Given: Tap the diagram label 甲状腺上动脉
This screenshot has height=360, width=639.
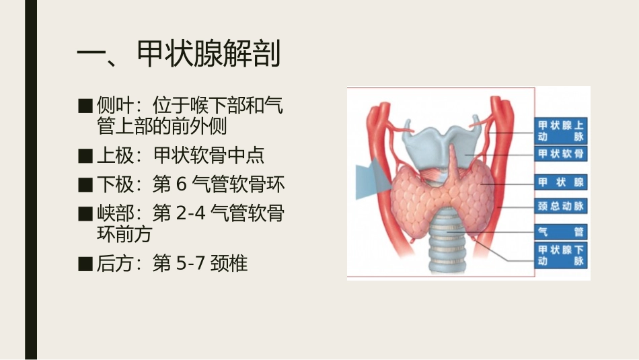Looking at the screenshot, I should coord(560,130).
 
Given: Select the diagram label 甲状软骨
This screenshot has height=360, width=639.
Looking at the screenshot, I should coord(560,154).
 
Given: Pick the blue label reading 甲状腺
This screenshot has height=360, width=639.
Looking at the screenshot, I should coord(560,182).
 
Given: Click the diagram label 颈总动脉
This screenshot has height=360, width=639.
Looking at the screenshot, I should coord(560,206).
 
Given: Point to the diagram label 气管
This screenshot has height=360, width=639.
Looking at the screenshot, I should coord(560,232).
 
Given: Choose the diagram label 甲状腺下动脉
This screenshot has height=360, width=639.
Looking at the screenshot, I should coord(560,256).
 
